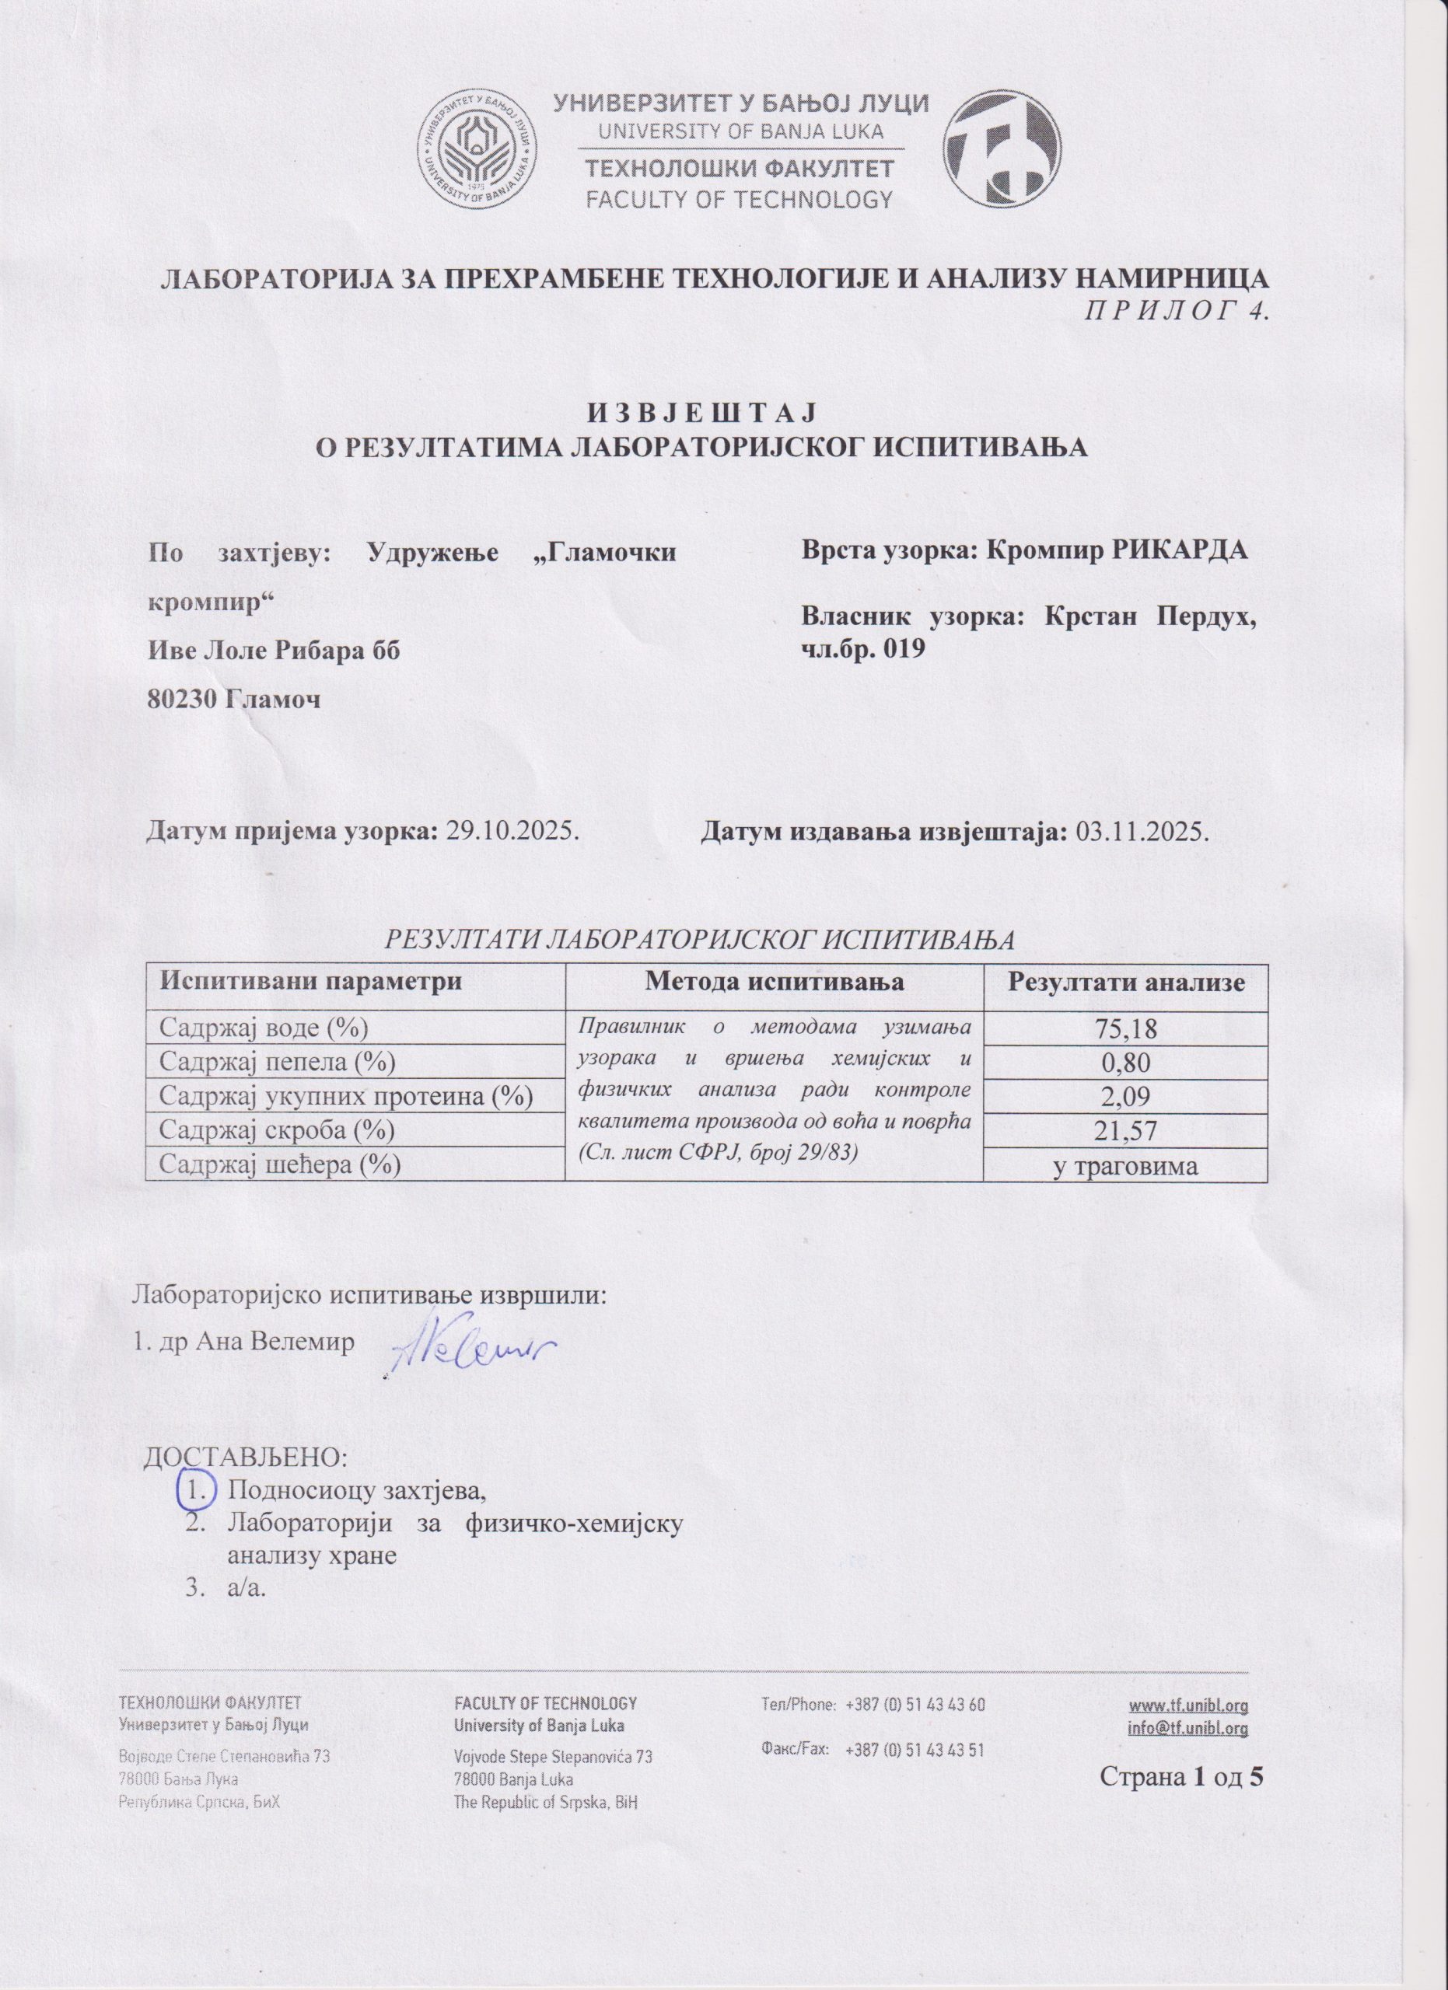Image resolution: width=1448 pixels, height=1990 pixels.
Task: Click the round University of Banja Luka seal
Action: pyautogui.click(x=477, y=150)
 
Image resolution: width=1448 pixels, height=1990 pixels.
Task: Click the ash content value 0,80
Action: pyautogui.click(x=1126, y=1063)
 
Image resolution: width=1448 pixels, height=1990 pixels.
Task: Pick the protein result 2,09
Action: pyautogui.click(x=1126, y=1097)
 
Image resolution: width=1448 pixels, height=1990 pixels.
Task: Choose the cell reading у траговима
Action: pyautogui.click(x=1126, y=1165)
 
